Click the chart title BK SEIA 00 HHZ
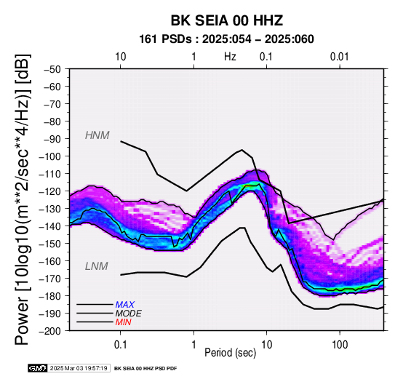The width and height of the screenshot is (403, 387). pyautogui.click(x=227, y=20)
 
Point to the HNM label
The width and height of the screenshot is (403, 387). pyautogui.click(x=97, y=135)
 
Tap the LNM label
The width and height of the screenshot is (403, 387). pyautogui.click(x=96, y=266)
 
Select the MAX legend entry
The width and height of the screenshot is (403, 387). pyautogui.click(x=125, y=305)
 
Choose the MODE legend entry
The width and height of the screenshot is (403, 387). pyautogui.click(x=129, y=314)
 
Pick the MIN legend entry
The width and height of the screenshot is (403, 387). pyautogui.click(x=124, y=322)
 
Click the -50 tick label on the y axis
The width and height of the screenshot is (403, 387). pyautogui.click(x=52, y=69)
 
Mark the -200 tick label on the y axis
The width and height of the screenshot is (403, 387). pyautogui.click(x=50, y=331)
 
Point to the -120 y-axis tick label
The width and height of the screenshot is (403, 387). pyautogui.click(x=50, y=191)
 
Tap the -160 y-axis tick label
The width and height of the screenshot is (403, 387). pyautogui.click(x=50, y=261)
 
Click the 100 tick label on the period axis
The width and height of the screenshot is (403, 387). pyautogui.click(x=340, y=345)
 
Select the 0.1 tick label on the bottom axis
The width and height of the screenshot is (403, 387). pyautogui.click(x=120, y=345)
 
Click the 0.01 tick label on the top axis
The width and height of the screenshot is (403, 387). pyautogui.click(x=340, y=57)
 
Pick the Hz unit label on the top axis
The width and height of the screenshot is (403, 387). pyautogui.click(x=230, y=57)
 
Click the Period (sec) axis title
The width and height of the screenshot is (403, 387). pyautogui.click(x=231, y=353)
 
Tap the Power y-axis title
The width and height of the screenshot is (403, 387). pyautogui.click(x=22, y=199)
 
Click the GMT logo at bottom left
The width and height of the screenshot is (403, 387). pyautogui.click(x=38, y=368)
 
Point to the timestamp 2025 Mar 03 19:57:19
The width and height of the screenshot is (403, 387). pyautogui.click(x=79, y=368)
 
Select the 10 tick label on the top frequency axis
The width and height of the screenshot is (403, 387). pyautogui.click(x=120, y=57)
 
